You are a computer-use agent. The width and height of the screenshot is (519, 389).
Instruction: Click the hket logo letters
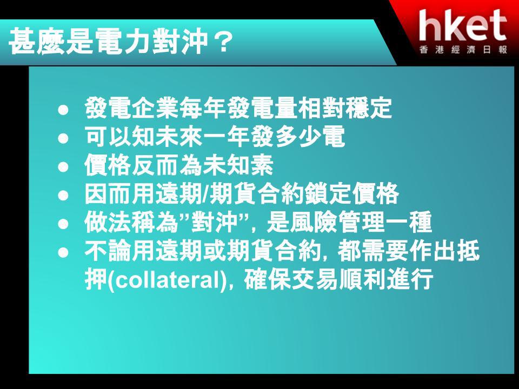point(463,25)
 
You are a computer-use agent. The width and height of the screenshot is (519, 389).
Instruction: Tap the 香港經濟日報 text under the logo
point(463,50)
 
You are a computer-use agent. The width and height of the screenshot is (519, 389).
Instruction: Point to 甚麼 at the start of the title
point(36,42)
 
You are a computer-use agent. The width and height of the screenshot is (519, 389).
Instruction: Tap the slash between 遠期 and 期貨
point(206,194)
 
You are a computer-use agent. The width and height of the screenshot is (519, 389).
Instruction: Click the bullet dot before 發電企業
point(63,110)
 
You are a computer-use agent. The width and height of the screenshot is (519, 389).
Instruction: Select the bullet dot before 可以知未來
point(63,138)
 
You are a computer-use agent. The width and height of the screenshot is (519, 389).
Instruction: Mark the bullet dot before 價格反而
point(63,167)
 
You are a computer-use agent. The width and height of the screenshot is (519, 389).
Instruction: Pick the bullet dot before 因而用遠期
point(63,195)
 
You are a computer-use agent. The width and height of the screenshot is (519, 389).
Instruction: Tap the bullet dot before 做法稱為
point(63,224)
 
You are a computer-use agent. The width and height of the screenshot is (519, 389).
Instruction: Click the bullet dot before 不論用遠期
point(63,252)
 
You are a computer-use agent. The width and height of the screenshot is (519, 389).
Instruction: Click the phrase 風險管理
point(337,222)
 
